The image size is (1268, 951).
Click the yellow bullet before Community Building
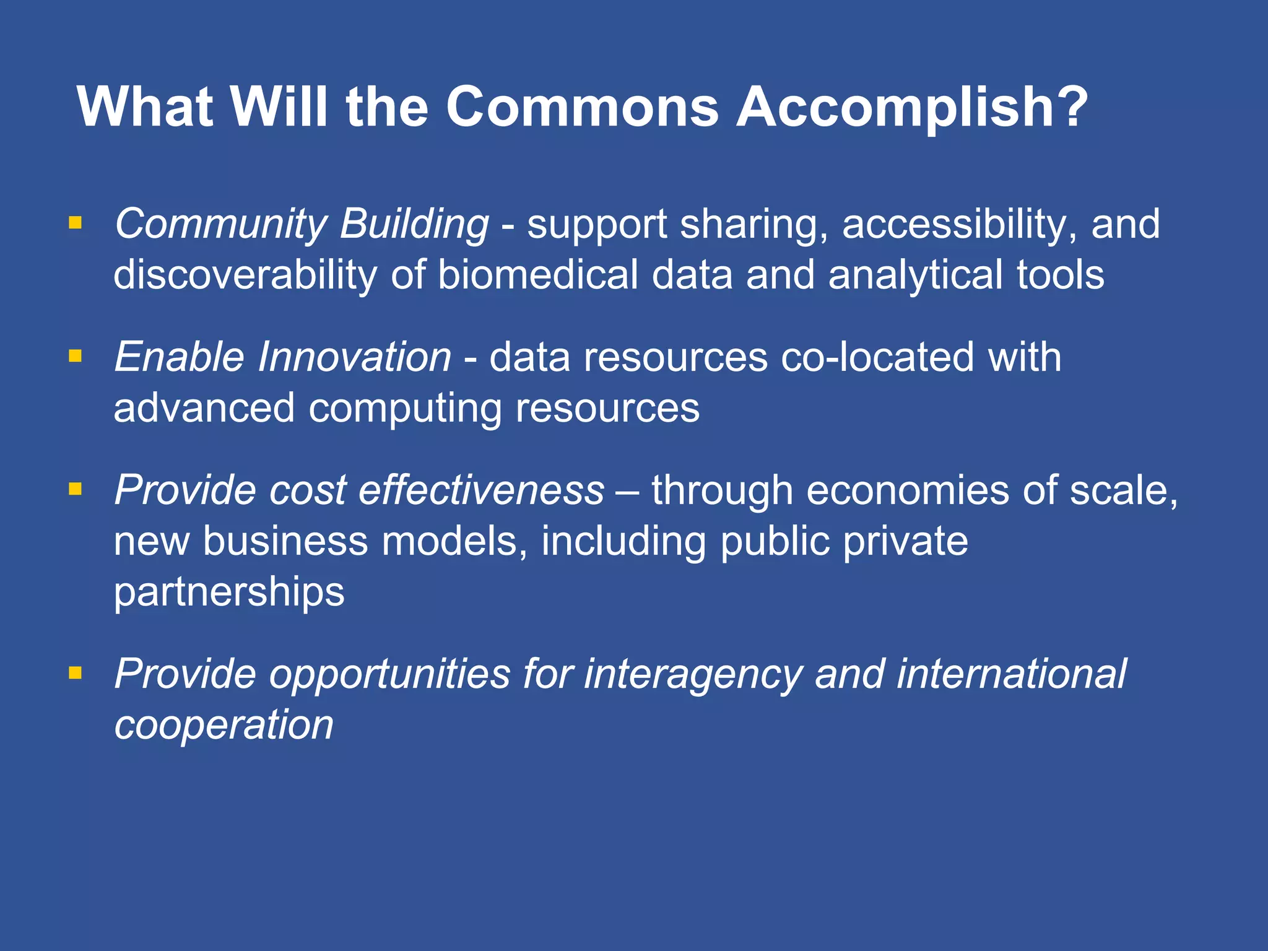click(x=76, y=222)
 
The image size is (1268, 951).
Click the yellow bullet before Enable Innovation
click(x=76, y=355)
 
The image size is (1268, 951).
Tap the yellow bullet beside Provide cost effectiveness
click(x=76, y=489)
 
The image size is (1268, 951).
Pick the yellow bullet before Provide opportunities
click(x=76, y=672)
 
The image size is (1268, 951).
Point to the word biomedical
click(x=537, y=274)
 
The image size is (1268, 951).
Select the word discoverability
click(x=245, y=274)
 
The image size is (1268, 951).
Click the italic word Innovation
click(x=354, y=357)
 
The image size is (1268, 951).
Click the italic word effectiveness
click(x=481, y=490)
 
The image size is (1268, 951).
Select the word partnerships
click(x=229, y=592)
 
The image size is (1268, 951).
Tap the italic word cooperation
click(x=224, y=725)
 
